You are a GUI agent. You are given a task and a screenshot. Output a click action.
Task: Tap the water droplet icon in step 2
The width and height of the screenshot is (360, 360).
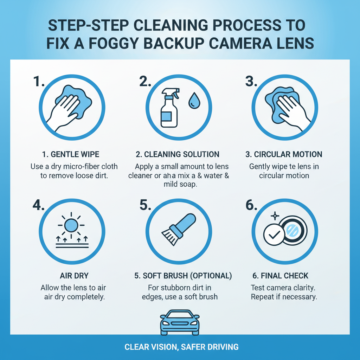pyautogui.click(x=193, y=100)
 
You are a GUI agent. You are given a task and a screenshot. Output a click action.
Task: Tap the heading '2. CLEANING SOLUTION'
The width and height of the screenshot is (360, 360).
pyautogui.click(x=178, y=154)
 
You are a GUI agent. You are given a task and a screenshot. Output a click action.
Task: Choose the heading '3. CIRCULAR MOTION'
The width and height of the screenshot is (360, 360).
pyautogui.click(x=284, y=154)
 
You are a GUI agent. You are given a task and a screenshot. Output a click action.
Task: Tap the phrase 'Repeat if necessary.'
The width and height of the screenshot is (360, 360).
pyautogui.click(x=284, y=297)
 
